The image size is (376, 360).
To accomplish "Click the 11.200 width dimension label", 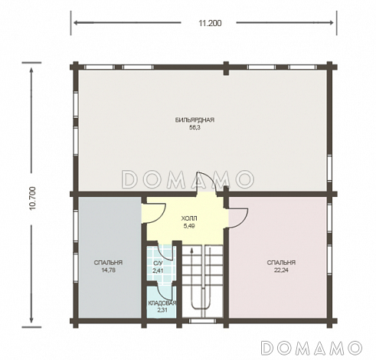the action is [x=210, y=23].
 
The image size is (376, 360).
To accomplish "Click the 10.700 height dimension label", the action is [x=33, y=198].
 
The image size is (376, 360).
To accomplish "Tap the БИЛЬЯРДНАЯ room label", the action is [x=195, y=120].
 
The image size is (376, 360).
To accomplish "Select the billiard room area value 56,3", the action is [x=195, y=127].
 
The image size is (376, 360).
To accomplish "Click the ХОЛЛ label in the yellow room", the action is [x=189, y=218].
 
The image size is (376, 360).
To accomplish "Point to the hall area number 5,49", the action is [x=189, y=226].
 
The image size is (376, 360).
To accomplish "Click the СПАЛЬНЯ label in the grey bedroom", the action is [x=108, y=263].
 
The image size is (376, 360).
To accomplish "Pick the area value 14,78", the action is [x=108, y=270].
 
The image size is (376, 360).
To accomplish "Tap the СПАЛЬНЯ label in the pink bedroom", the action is [x=281, y=263].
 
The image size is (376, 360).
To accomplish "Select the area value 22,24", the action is [x=281, y=270].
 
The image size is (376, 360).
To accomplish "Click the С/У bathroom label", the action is [x=158, y=263].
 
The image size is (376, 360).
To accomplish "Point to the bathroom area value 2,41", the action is [x=158, y=270].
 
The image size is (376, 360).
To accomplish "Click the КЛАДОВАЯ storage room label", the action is [x=162, y=303].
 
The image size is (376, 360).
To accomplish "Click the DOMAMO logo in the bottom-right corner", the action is [x=312, y=348].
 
